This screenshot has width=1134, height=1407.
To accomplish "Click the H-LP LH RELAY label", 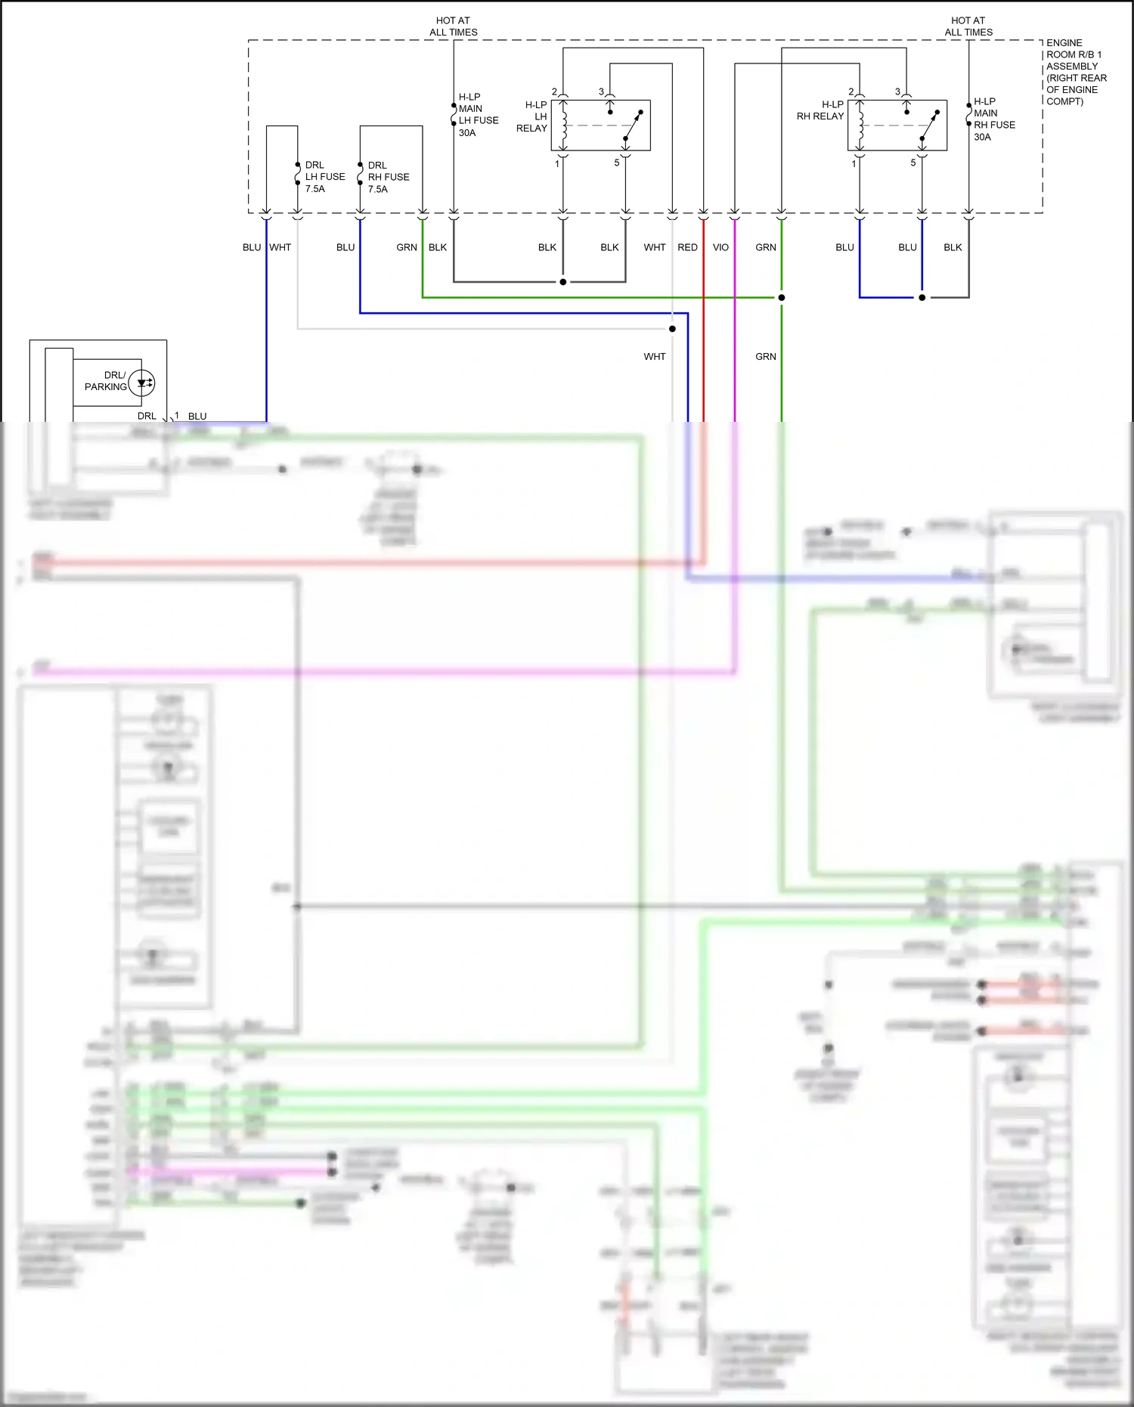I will (532, 116).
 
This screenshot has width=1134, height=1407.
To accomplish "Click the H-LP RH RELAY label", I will (821, 110).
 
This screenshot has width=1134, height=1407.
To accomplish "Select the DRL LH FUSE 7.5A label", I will (324, 177).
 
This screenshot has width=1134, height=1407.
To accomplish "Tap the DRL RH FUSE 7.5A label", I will (388, 177).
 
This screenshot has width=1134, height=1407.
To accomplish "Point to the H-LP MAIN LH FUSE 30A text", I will (478, 115).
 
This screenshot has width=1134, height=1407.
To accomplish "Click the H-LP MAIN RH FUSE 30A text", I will (993, 119).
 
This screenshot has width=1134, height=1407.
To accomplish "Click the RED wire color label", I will (687, 247).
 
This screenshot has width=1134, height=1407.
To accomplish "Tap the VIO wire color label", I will (720, 247).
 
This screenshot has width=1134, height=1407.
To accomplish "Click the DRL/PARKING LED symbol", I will (142, 383).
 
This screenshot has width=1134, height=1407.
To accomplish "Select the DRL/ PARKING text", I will (106, 381).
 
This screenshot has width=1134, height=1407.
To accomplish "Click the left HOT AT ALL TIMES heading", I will (454, 26).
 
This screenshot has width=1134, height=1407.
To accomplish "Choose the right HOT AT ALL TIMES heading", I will (968, 26).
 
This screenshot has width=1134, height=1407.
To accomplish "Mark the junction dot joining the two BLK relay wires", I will (562, 282).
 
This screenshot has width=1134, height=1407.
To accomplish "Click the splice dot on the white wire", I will (672, 328).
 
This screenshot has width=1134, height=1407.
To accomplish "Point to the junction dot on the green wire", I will (781, 297).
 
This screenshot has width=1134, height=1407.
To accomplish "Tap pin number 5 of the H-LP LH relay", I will (617, 163).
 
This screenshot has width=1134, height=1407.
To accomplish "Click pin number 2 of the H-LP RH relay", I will (850, 91).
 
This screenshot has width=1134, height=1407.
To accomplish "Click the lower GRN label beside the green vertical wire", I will (765, 356).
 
